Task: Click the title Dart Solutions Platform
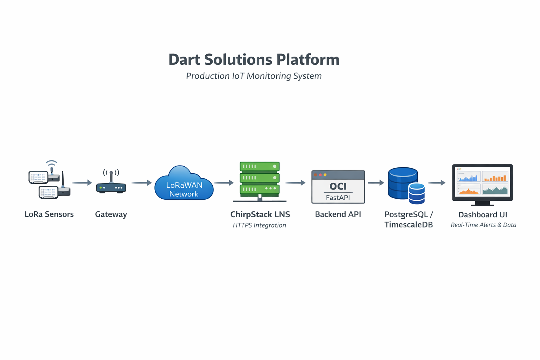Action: tap(254, 59)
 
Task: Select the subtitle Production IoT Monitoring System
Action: tap(254, 76)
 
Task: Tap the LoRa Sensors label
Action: tap(49, 214)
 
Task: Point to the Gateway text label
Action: tap(111, 214)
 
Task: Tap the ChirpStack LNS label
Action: tap(260, 214)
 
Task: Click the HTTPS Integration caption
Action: tap(259, 225)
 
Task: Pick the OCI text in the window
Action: tap(338, 186)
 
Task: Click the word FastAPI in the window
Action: tap(338, 198)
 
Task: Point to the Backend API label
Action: tap(338, 214)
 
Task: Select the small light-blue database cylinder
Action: tap(417, 194)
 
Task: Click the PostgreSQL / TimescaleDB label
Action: tap(409, 219)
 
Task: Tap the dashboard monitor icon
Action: tap(482, 183)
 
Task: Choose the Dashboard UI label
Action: tap(483, 214)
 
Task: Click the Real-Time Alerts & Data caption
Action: tap(483, 225)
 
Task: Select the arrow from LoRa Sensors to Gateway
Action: tap(82, 183)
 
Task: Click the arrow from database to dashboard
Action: tap(437, 183)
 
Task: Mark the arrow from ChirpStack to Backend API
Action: tap(295, 183)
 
